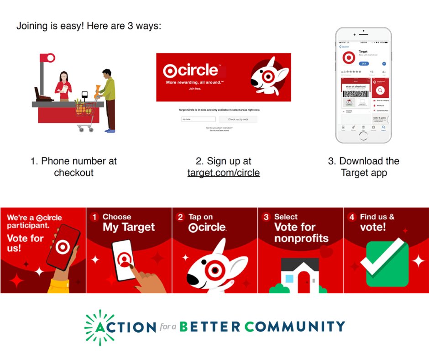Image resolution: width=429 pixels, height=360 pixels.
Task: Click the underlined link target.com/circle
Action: (x=223, y=173)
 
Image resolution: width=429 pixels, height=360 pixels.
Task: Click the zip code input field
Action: (x=198, y=119)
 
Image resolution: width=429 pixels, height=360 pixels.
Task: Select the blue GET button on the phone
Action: (x=364, y=64)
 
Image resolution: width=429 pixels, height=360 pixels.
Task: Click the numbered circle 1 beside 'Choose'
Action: (x=94, y=217)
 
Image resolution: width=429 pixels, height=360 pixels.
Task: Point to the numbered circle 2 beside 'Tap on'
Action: (x=181, y=217)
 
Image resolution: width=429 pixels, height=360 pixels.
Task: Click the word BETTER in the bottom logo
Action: (x=209, y=327)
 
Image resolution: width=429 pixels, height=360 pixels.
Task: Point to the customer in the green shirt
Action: (x=109, y=96)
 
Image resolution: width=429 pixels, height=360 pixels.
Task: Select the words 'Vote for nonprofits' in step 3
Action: (x=301, y=233)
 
